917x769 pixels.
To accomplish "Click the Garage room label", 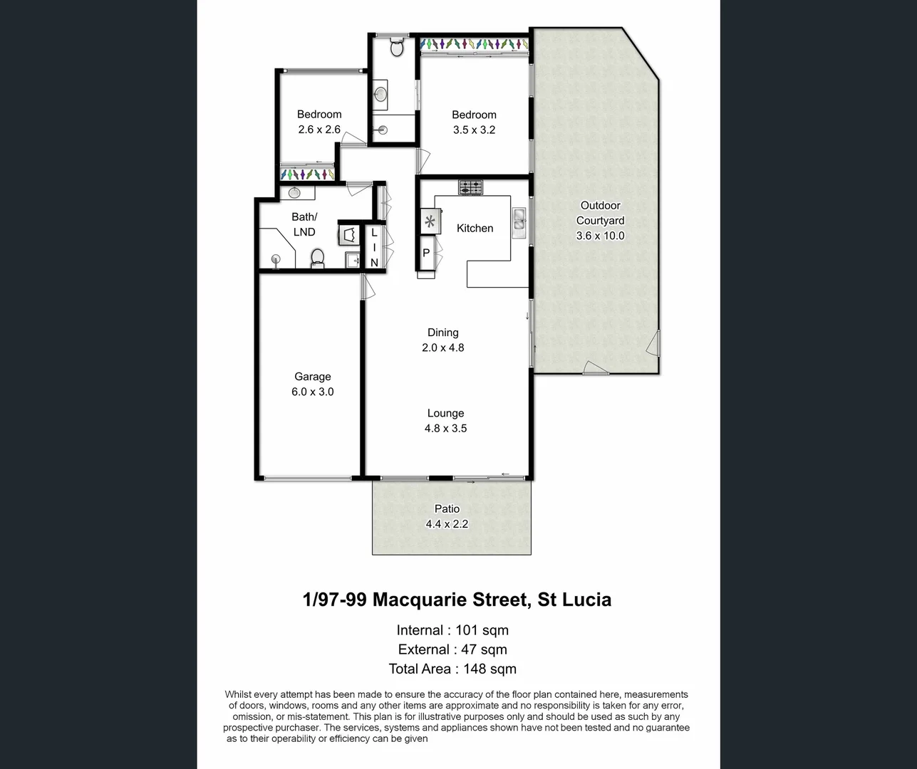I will click(313, 377).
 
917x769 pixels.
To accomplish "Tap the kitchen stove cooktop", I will click(470, 188).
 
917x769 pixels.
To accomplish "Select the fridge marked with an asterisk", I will click(430, 221).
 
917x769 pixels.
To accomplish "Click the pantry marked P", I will click(426, 253).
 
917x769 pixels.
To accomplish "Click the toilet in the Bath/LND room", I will click(318, 258).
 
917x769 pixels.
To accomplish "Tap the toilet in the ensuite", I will click(397, 48).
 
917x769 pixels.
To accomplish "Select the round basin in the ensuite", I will click(381, 94).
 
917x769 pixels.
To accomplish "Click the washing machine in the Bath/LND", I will click(349, 234).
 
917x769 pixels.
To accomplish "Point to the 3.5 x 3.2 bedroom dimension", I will click(474, 130).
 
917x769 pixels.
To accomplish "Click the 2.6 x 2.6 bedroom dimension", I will click(319, 130).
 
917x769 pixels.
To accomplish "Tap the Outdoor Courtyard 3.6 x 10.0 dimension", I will click(600, 236).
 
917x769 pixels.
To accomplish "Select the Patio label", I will click(447, 508).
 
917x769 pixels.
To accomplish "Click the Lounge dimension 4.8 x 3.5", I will click(445, 428).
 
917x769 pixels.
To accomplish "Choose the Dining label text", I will click(442, 333).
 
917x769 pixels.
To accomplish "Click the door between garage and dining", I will click(366, 288).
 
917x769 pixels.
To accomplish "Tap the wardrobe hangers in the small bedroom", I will click(307, 174).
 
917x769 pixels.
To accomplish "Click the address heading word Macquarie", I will click(449, 600).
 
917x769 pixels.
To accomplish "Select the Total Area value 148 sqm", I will click(489, 669).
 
